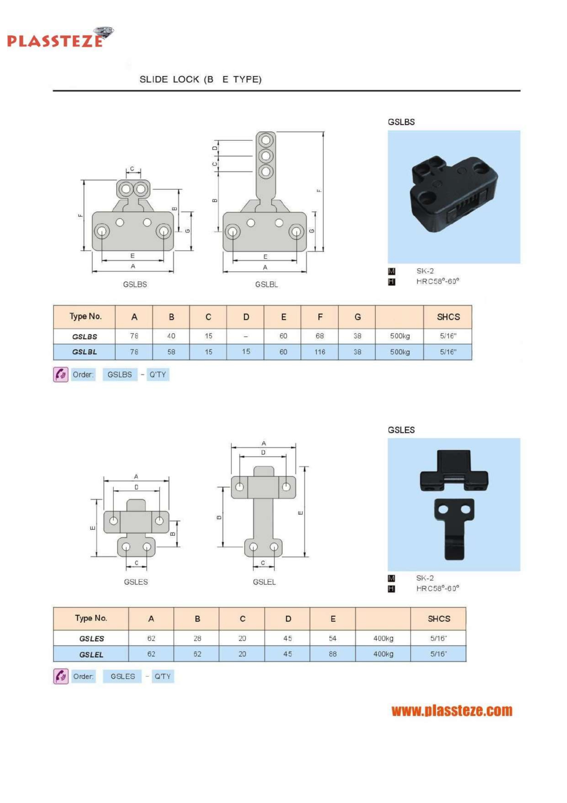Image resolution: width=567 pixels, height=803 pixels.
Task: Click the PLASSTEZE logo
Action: [x=59, y=38]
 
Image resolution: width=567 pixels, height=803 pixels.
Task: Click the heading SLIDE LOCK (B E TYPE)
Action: [x=200, y=80]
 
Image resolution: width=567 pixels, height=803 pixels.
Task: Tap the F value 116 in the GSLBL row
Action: [x=320, y=352]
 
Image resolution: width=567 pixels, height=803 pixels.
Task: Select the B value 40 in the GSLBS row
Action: [x=171, y=336]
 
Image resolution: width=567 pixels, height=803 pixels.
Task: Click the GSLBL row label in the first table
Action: [x=85, y=352]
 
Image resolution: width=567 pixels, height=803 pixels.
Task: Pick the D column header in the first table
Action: [x=246, y=317]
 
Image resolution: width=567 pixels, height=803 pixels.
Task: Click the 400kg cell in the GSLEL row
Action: [x=383, y=654]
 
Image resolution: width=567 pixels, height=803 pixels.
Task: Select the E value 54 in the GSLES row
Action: [x=332, y=638]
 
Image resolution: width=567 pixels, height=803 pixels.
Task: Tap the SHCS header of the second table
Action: [x=439, y=619]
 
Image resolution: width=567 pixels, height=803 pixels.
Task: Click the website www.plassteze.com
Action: [x=452, y=711]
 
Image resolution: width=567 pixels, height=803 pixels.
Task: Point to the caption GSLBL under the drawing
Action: [x=266, y=285]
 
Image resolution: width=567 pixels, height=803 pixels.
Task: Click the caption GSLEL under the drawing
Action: [x=264, y=582]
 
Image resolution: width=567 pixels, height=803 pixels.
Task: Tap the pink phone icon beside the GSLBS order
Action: [x=61, y=374]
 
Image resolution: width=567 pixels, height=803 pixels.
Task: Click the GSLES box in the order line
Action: [x=123, y=676]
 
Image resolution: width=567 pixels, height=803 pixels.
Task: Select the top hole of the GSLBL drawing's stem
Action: [x=266, y=140]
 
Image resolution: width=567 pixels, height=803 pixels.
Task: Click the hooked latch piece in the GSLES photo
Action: [x=454, y=528]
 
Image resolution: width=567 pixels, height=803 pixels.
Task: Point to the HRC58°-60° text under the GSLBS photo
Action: [x=437, y=281]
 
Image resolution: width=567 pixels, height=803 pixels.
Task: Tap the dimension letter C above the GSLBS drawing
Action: [x=132, y=169]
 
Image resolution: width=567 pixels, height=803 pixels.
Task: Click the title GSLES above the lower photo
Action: [x=401, y=430]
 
